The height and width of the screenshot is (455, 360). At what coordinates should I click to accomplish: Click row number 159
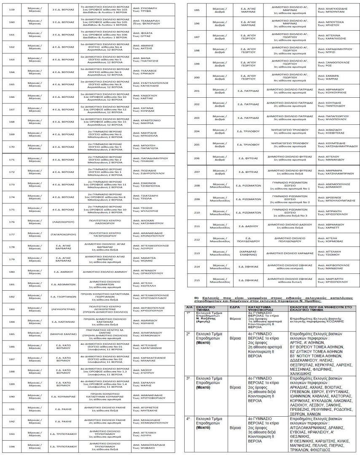click(x=12, y=10)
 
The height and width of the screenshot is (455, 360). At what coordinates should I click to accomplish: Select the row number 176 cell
click(x=12, y=222)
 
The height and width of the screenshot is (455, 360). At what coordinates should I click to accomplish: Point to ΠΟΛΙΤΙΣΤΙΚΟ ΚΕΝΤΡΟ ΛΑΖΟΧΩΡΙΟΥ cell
click(x=104, y=222)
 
